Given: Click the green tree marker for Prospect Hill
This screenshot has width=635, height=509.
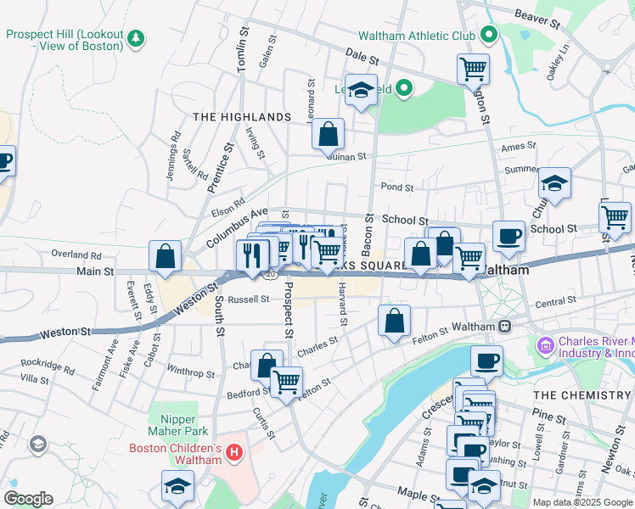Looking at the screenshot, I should (x=134, y=38).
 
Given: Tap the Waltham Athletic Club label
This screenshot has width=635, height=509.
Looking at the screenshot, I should (x=416, y=36).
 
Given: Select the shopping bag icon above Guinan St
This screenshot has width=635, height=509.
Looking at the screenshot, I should (x=328, y=134).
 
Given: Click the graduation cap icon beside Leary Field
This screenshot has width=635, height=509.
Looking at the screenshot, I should (x=361, y=90).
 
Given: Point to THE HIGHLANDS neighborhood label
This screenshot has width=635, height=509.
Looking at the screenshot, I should (x=242, y=116).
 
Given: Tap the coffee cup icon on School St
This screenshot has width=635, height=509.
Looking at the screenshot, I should (x=509, y=236).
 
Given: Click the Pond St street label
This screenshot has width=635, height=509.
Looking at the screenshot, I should (x=396, y=187).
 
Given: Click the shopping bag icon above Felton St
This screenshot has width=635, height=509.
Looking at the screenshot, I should (x=394, y=321).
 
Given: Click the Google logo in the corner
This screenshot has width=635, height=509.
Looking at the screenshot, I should (x=29, y=498).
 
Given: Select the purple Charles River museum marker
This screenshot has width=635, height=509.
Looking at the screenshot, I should (x=544, y=345).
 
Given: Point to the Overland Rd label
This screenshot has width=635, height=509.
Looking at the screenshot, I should (x=76, y=254).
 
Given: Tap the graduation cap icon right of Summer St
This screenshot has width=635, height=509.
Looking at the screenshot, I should (x=554, y=183).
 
